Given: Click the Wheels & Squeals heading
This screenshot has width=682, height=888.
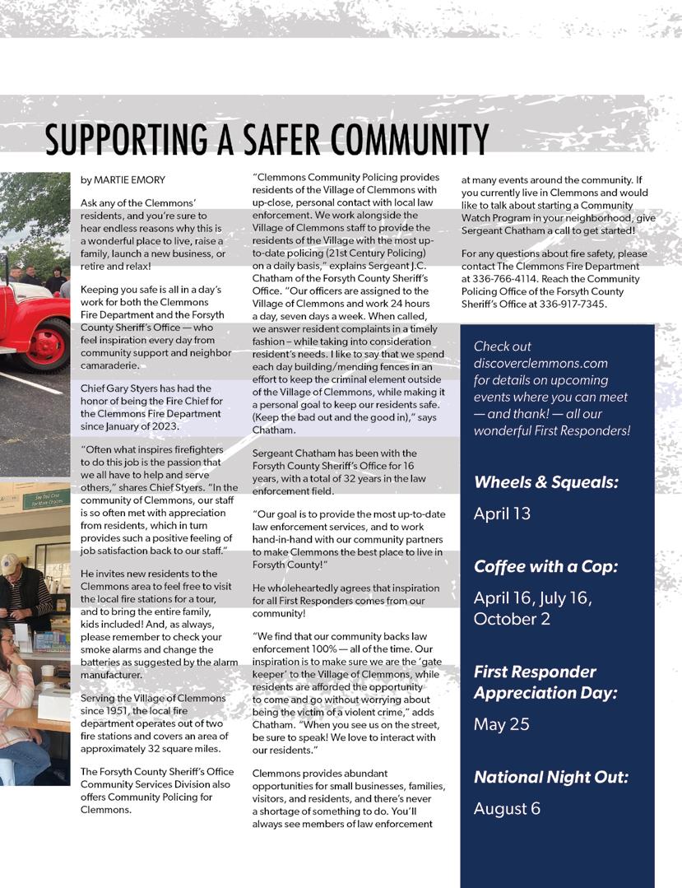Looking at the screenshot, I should (x=545, y=483).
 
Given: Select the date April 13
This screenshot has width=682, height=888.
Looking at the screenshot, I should (x=502, y=514).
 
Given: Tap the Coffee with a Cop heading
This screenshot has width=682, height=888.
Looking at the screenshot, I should (x=545, y=566).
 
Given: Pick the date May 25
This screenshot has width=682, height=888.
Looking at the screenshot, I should (x=501, y=724).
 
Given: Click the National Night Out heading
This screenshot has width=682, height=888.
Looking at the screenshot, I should (x=550, y=777).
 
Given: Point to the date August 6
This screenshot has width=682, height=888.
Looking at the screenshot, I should (x=507, y=808).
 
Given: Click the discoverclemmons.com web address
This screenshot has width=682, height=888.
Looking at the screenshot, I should (x=540, y=363).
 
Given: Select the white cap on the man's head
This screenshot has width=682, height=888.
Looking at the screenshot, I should (x=9, y=564).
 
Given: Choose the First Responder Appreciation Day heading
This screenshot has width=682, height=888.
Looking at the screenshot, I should (x=545, y=682).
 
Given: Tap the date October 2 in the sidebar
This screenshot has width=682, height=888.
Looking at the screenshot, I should (x=512, y=619).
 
